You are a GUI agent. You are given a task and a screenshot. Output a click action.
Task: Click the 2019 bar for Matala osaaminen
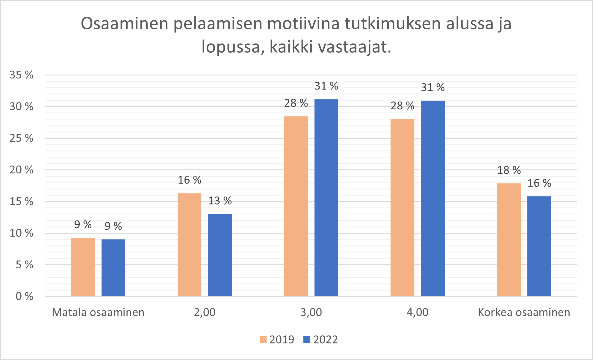click(x=83, y=267)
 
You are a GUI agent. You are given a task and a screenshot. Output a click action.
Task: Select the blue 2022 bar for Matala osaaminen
click(x=113, y=267)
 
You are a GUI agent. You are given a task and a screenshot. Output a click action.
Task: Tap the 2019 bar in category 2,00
click(x=189, y=244)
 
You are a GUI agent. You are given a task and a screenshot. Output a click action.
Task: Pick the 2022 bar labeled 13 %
click(x=220, y=255)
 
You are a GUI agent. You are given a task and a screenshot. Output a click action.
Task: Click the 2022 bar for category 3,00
click(x=326, y=198)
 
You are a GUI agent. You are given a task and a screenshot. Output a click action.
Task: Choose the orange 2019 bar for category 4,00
click(x=402, y=207)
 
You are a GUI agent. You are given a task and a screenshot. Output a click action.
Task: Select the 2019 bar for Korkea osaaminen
click(x=509, y=240)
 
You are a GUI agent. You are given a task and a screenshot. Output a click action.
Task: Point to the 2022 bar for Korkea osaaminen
click(x=539, y=246)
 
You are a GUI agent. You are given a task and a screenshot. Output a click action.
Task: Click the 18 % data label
click(x=509, y=170)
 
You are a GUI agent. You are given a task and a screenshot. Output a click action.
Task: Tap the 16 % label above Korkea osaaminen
click(x=539, y=183)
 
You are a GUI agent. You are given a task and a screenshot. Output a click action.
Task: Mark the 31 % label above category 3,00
click(x=326, y=86)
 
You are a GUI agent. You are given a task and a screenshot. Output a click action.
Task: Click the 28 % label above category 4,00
click(x=402, y=106)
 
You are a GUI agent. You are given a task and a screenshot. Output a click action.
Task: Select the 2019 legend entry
click(x=277, y=340)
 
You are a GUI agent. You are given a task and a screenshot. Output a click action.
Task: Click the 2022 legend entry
click(x=321, y=340)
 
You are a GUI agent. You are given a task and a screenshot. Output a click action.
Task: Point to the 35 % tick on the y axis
click(x=21, y=75)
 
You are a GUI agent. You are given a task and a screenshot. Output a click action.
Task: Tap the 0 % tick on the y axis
click(x=24, y=297)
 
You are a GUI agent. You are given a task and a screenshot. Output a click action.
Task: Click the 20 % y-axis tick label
click(x=21, y=170)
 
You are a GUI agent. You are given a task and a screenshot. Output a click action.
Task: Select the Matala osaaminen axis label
click(x=98, y=312)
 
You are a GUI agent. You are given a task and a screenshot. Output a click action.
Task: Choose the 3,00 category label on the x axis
click(x=311, y=312)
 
